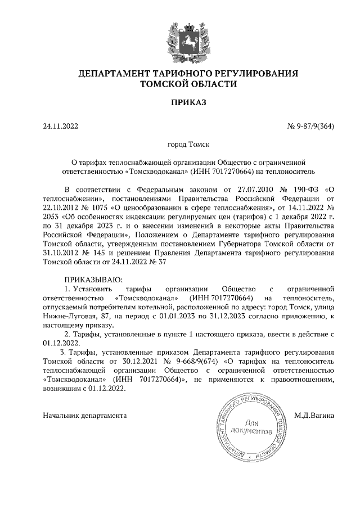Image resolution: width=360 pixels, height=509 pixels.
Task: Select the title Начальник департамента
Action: coord(85,416)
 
